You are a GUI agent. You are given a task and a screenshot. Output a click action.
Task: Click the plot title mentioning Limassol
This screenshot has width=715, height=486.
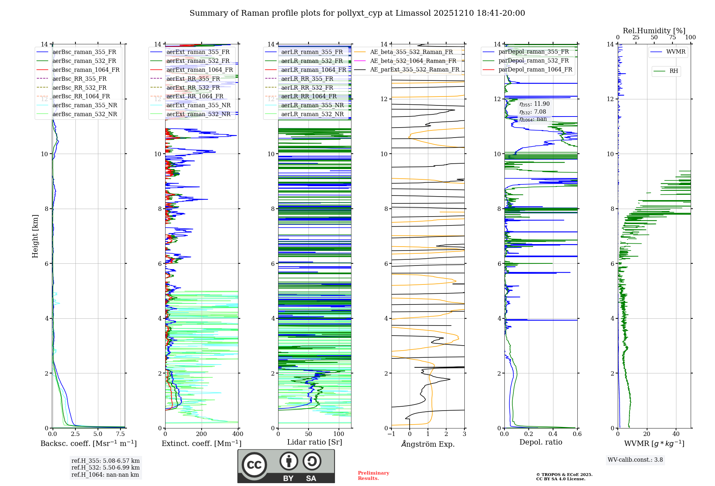pyautogui.click(x=357, y=13)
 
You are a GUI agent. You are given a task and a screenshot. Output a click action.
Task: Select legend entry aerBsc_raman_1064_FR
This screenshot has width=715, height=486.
pyautogui.click(x=86, y=70)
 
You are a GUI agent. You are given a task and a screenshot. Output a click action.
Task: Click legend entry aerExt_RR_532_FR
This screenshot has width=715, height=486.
pyautogui.click(x=193, y=88)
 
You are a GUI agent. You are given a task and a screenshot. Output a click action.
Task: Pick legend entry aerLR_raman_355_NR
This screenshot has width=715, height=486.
pyautogui.click(x=312, y=105)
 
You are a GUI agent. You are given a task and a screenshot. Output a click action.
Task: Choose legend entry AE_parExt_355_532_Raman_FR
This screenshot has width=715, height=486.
pyautogui.click(x=415, y=69)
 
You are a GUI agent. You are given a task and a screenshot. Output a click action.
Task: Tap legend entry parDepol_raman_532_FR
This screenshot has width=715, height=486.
pyautogui.click(x=533, y=60)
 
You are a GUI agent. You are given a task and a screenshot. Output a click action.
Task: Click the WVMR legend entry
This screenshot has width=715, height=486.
pyautogui.click(x=676, y=52)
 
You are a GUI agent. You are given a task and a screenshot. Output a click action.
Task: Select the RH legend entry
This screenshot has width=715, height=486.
pyautogui.click(x=674, y=71)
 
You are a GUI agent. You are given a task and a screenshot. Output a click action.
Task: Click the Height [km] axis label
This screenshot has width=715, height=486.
pyautogui.click(x=35, y=236)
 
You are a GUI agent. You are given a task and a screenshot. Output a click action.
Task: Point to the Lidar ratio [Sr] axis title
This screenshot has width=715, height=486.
pyautogui.click(x=315, y=442)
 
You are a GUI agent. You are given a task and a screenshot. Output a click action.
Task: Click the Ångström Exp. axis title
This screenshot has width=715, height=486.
pyautogui.click(x=428, y=444)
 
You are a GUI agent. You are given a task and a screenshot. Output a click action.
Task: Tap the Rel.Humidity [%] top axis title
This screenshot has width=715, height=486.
pyautogui.click(x=654, y=31)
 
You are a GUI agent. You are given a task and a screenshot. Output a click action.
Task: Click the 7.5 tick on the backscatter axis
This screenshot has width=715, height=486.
pyautogui.click(x=120, y=434)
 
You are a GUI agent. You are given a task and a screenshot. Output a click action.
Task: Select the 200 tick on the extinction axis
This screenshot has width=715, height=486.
pyautogui.click(x=202, y=434)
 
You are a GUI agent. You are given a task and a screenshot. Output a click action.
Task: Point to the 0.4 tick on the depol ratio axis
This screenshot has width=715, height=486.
pyautogui.click(x=553, y=434)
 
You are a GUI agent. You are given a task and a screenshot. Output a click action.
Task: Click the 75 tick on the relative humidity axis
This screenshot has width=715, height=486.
pyautogui.click(x=672, y=38)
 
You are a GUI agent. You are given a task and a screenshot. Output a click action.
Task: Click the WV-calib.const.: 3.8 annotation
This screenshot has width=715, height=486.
pyautogui.click(x=635, y=460)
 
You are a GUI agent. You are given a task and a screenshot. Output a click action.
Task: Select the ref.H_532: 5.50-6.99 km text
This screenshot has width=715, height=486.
pyautogui.click(x=105, y=467)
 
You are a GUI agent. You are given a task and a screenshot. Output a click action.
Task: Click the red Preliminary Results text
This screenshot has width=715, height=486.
pyautogui.click(x=373, y=476)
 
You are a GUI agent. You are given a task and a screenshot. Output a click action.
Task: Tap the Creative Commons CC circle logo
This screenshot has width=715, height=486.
pyautogui.click(x=254, y=465)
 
